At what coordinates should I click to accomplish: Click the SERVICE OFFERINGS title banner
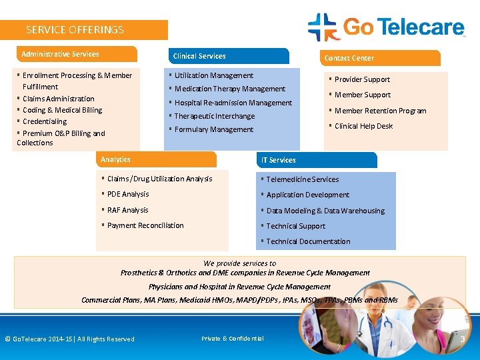[83, 30]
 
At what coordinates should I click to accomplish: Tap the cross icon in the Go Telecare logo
[323, 27]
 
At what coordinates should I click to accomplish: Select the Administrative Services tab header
[75, 54]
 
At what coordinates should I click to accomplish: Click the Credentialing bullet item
[45, 121]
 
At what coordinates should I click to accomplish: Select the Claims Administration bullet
[59, 99]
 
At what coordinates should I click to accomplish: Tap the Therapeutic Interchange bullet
[214, 116]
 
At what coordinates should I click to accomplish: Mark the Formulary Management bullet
[213, 129]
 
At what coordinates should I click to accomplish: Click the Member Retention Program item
[380, 111]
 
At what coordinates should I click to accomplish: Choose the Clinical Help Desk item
[363, 126]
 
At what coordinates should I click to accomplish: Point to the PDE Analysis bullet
[128, 194]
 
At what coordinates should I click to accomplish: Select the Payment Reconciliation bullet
[145, 225]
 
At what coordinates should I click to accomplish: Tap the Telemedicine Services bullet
[303, 179]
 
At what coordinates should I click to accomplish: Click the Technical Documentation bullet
[308, 241]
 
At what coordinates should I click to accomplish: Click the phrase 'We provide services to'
[239, 263]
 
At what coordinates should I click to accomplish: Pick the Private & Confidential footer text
[233, 339]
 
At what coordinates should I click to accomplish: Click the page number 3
[463, 339]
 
